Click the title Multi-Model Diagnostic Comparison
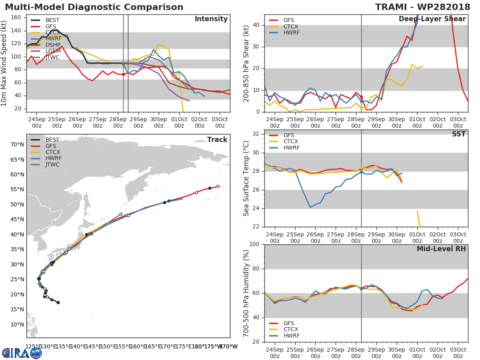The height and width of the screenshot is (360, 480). (94, 7)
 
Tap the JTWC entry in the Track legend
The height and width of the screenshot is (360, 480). (52, 164)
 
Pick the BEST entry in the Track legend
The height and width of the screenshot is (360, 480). (52, 140)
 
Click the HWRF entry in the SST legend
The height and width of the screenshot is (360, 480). (291, 148)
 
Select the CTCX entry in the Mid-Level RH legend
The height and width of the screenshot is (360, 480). (291, 329)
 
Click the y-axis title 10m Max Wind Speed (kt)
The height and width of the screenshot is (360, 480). (5, 64)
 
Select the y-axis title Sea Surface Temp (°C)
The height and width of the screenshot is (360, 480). (246, 178)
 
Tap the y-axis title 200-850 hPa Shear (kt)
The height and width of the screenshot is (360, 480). (246, 63)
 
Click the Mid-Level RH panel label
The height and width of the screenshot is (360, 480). (441, 249)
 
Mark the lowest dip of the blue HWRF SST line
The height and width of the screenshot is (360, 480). (310, 207)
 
